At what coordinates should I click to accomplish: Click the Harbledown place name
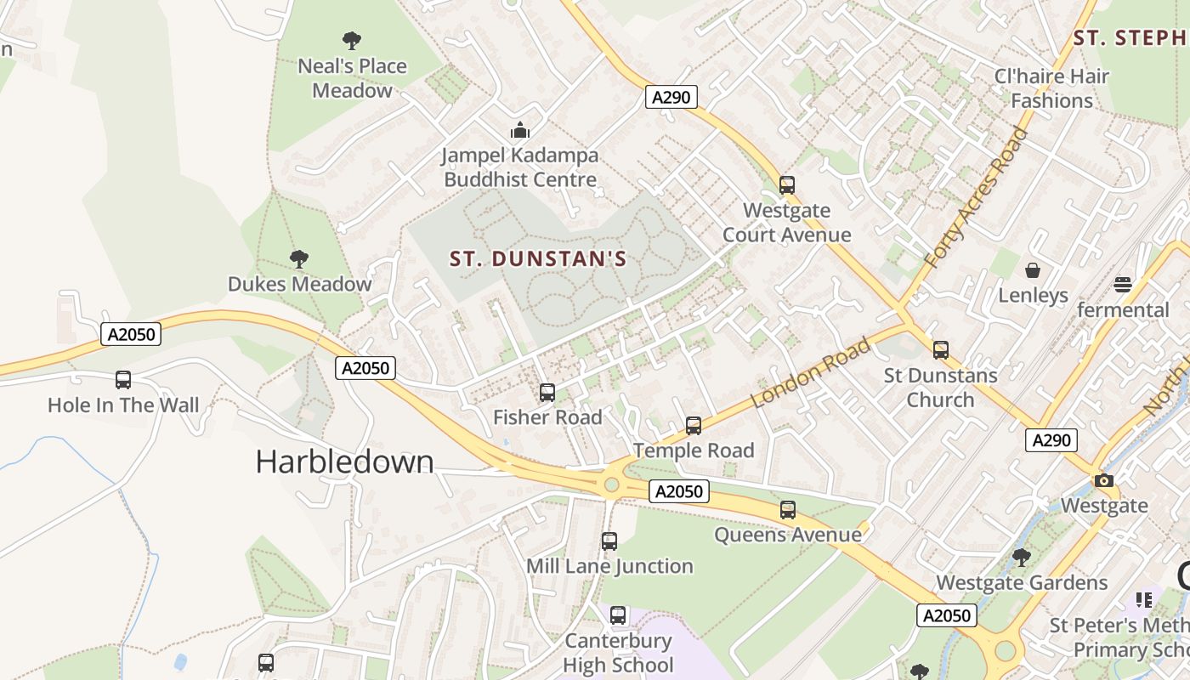[x=344, y=462]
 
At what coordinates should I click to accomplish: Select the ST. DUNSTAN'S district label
[x=537, y=258]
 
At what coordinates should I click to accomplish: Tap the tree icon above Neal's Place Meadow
[x=352, y=40]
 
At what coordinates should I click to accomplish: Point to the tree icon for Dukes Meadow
[x=298, y=258]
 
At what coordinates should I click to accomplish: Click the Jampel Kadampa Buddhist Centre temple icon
[x=519, y=130]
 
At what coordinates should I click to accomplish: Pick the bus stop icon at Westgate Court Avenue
[x=787, y=184]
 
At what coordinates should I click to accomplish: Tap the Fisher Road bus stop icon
[x=547, y=392]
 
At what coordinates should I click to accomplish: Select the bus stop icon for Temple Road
[x=694, y=425]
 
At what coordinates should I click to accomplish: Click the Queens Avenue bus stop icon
[x=788, y=509]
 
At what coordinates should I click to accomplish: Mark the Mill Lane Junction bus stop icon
[x=609, y=541]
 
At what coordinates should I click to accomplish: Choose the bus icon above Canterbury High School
[x=618, y=615]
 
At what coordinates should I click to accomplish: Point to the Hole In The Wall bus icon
[x=123, y=379]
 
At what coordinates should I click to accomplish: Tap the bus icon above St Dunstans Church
[x=940, y=349]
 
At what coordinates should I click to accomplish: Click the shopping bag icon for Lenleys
[x=1033, y=270]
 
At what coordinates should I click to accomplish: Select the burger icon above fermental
[x=1123, y=284]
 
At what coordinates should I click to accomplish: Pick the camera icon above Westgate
[x=1104, y=480]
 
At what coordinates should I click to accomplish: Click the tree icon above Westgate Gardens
[x=1022, y=558]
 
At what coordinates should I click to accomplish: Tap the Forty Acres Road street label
[x=976, y=198]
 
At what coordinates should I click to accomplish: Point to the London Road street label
[x=812, y=372]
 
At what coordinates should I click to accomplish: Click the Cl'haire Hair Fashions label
[x=1051, y=88]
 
